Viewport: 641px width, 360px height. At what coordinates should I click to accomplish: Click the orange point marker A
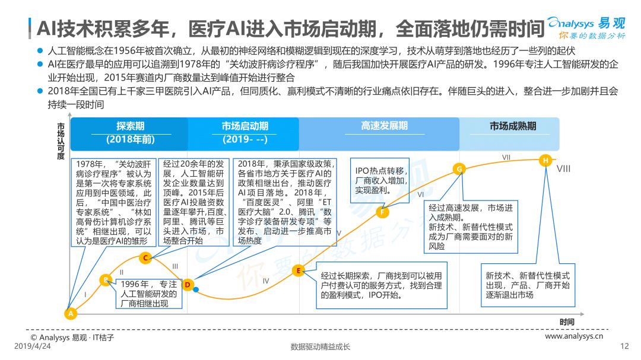click(x=71, y=313)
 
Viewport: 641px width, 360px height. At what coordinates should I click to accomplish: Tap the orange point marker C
click(x=145, y=258)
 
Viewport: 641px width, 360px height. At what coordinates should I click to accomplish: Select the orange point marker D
click(x=188, y=285)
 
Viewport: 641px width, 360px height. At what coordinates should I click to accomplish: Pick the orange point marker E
click(x=299, y=270)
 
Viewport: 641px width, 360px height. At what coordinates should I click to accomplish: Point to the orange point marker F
click(x=383, y=212)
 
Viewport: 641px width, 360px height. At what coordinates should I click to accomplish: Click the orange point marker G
click(x=459, y=168)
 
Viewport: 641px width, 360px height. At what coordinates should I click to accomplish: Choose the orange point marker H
click(x=545, y=161)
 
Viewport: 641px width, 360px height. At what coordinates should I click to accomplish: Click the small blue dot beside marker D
click(x=196, y=289)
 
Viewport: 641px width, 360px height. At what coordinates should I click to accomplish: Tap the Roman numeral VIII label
click(x=563, y=169)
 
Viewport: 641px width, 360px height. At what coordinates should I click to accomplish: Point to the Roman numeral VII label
click(x=506, y=157)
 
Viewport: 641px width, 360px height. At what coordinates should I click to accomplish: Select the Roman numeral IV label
click(x=266, y=281)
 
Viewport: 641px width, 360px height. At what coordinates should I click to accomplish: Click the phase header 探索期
click(x=131, y=126)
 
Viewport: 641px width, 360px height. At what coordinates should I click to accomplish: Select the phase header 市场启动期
click(x=245, y=126)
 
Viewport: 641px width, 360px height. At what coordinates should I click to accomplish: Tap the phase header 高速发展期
click(x=384, y=126)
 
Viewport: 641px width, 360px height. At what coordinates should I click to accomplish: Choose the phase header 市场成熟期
click(x=513, y=126)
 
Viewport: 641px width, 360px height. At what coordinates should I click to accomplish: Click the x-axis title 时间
click(x=567, y=322)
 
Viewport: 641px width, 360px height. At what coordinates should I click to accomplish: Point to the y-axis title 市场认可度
click(x=61, y=141)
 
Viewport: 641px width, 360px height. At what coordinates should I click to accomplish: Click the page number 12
click(x=624, y=346)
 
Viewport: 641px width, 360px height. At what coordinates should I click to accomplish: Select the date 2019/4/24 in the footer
click(x=33, y=346)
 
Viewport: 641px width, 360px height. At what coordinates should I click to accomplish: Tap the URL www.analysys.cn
click(x=574, y=336)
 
